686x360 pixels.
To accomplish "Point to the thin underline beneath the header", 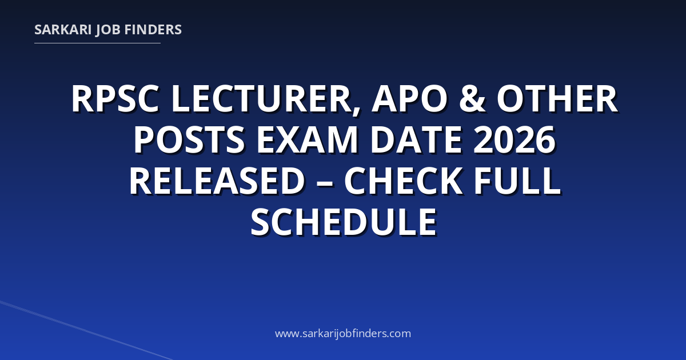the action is (x=97, y=43).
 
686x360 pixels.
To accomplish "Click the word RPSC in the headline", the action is (x=115, y=99).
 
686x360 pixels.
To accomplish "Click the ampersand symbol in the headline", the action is (x=472, y=99).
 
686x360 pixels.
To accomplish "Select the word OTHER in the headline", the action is (x=557, y=99).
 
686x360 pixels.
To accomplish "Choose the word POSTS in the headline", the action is (x=190, y=139).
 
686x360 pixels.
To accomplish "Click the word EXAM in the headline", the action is (x=307, y=139).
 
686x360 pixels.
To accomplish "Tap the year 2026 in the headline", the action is (x=514, y=139).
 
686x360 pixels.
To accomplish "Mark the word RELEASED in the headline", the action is (x=217, y=181).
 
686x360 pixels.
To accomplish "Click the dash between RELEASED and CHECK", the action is (x=324, y=183).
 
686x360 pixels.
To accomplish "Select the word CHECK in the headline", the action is (x=404, y=181).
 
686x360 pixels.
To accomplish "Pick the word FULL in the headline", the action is (x=517, y=181).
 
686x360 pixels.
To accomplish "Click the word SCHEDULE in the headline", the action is (x=344, y=222).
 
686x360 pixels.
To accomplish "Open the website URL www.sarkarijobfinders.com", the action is (x=343, y=333).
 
